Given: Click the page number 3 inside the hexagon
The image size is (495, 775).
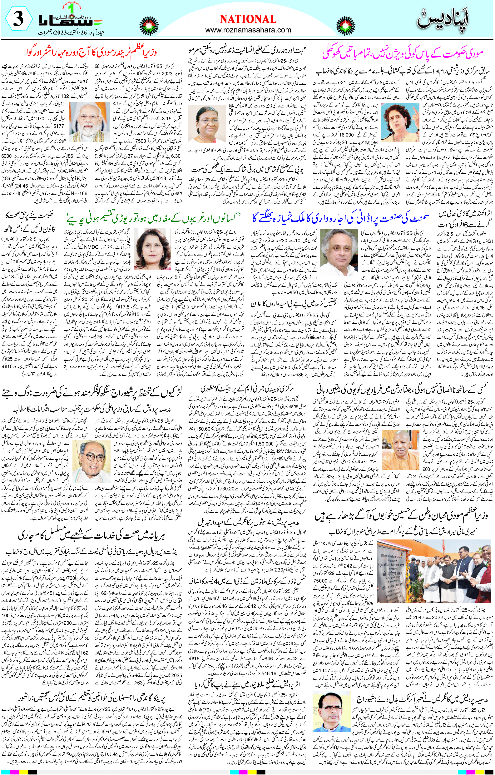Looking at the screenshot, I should [18, 19].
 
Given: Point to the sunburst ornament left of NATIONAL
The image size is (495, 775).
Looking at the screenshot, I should [149, 26].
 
